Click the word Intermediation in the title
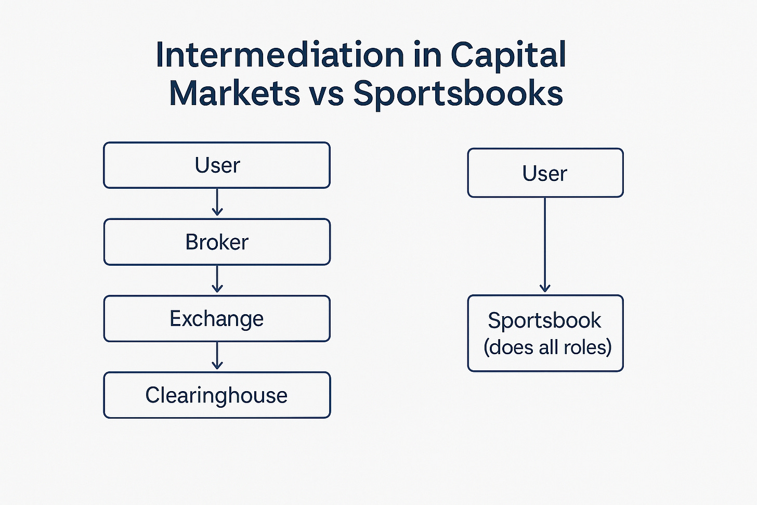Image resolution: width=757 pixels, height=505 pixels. coord(280,55)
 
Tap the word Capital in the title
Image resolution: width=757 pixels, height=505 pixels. coord(508,55)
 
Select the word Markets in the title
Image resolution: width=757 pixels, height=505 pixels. coord(234,94)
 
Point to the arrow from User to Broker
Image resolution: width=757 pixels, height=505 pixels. coord(217,203)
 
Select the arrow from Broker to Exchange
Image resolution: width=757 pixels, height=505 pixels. coord(217,280)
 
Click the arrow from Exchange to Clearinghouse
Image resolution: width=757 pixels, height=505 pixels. coord(217,356)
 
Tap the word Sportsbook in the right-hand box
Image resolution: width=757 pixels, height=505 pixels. coord(544,320)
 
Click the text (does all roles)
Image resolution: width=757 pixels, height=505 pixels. coord(547,347)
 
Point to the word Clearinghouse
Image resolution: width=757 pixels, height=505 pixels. coord(216,395)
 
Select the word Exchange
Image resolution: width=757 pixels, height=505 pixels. coord(216,318)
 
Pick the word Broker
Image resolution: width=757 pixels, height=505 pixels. coord(217,242)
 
